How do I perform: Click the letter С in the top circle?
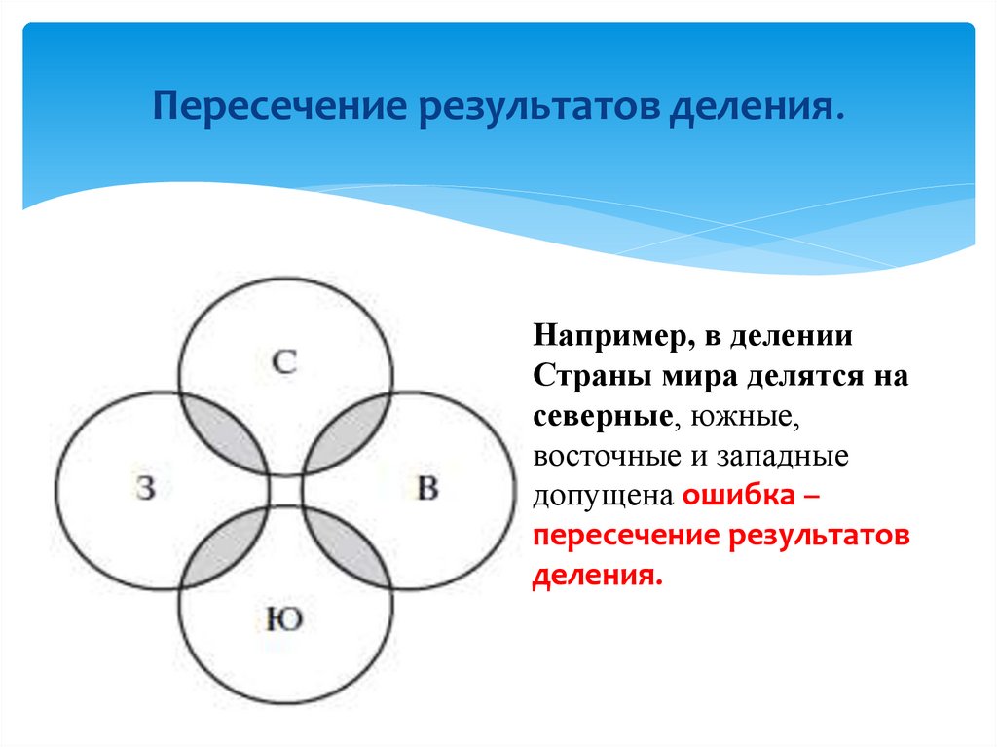[284, 363]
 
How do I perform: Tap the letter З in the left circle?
[146, 487]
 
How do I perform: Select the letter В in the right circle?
[426, 487]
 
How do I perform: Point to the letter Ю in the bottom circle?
[283, 618]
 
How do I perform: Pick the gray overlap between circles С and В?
[349, 432]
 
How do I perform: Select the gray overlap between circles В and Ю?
[349, 547]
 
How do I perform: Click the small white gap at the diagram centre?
[285, 490]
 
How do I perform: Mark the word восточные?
[601, 456]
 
